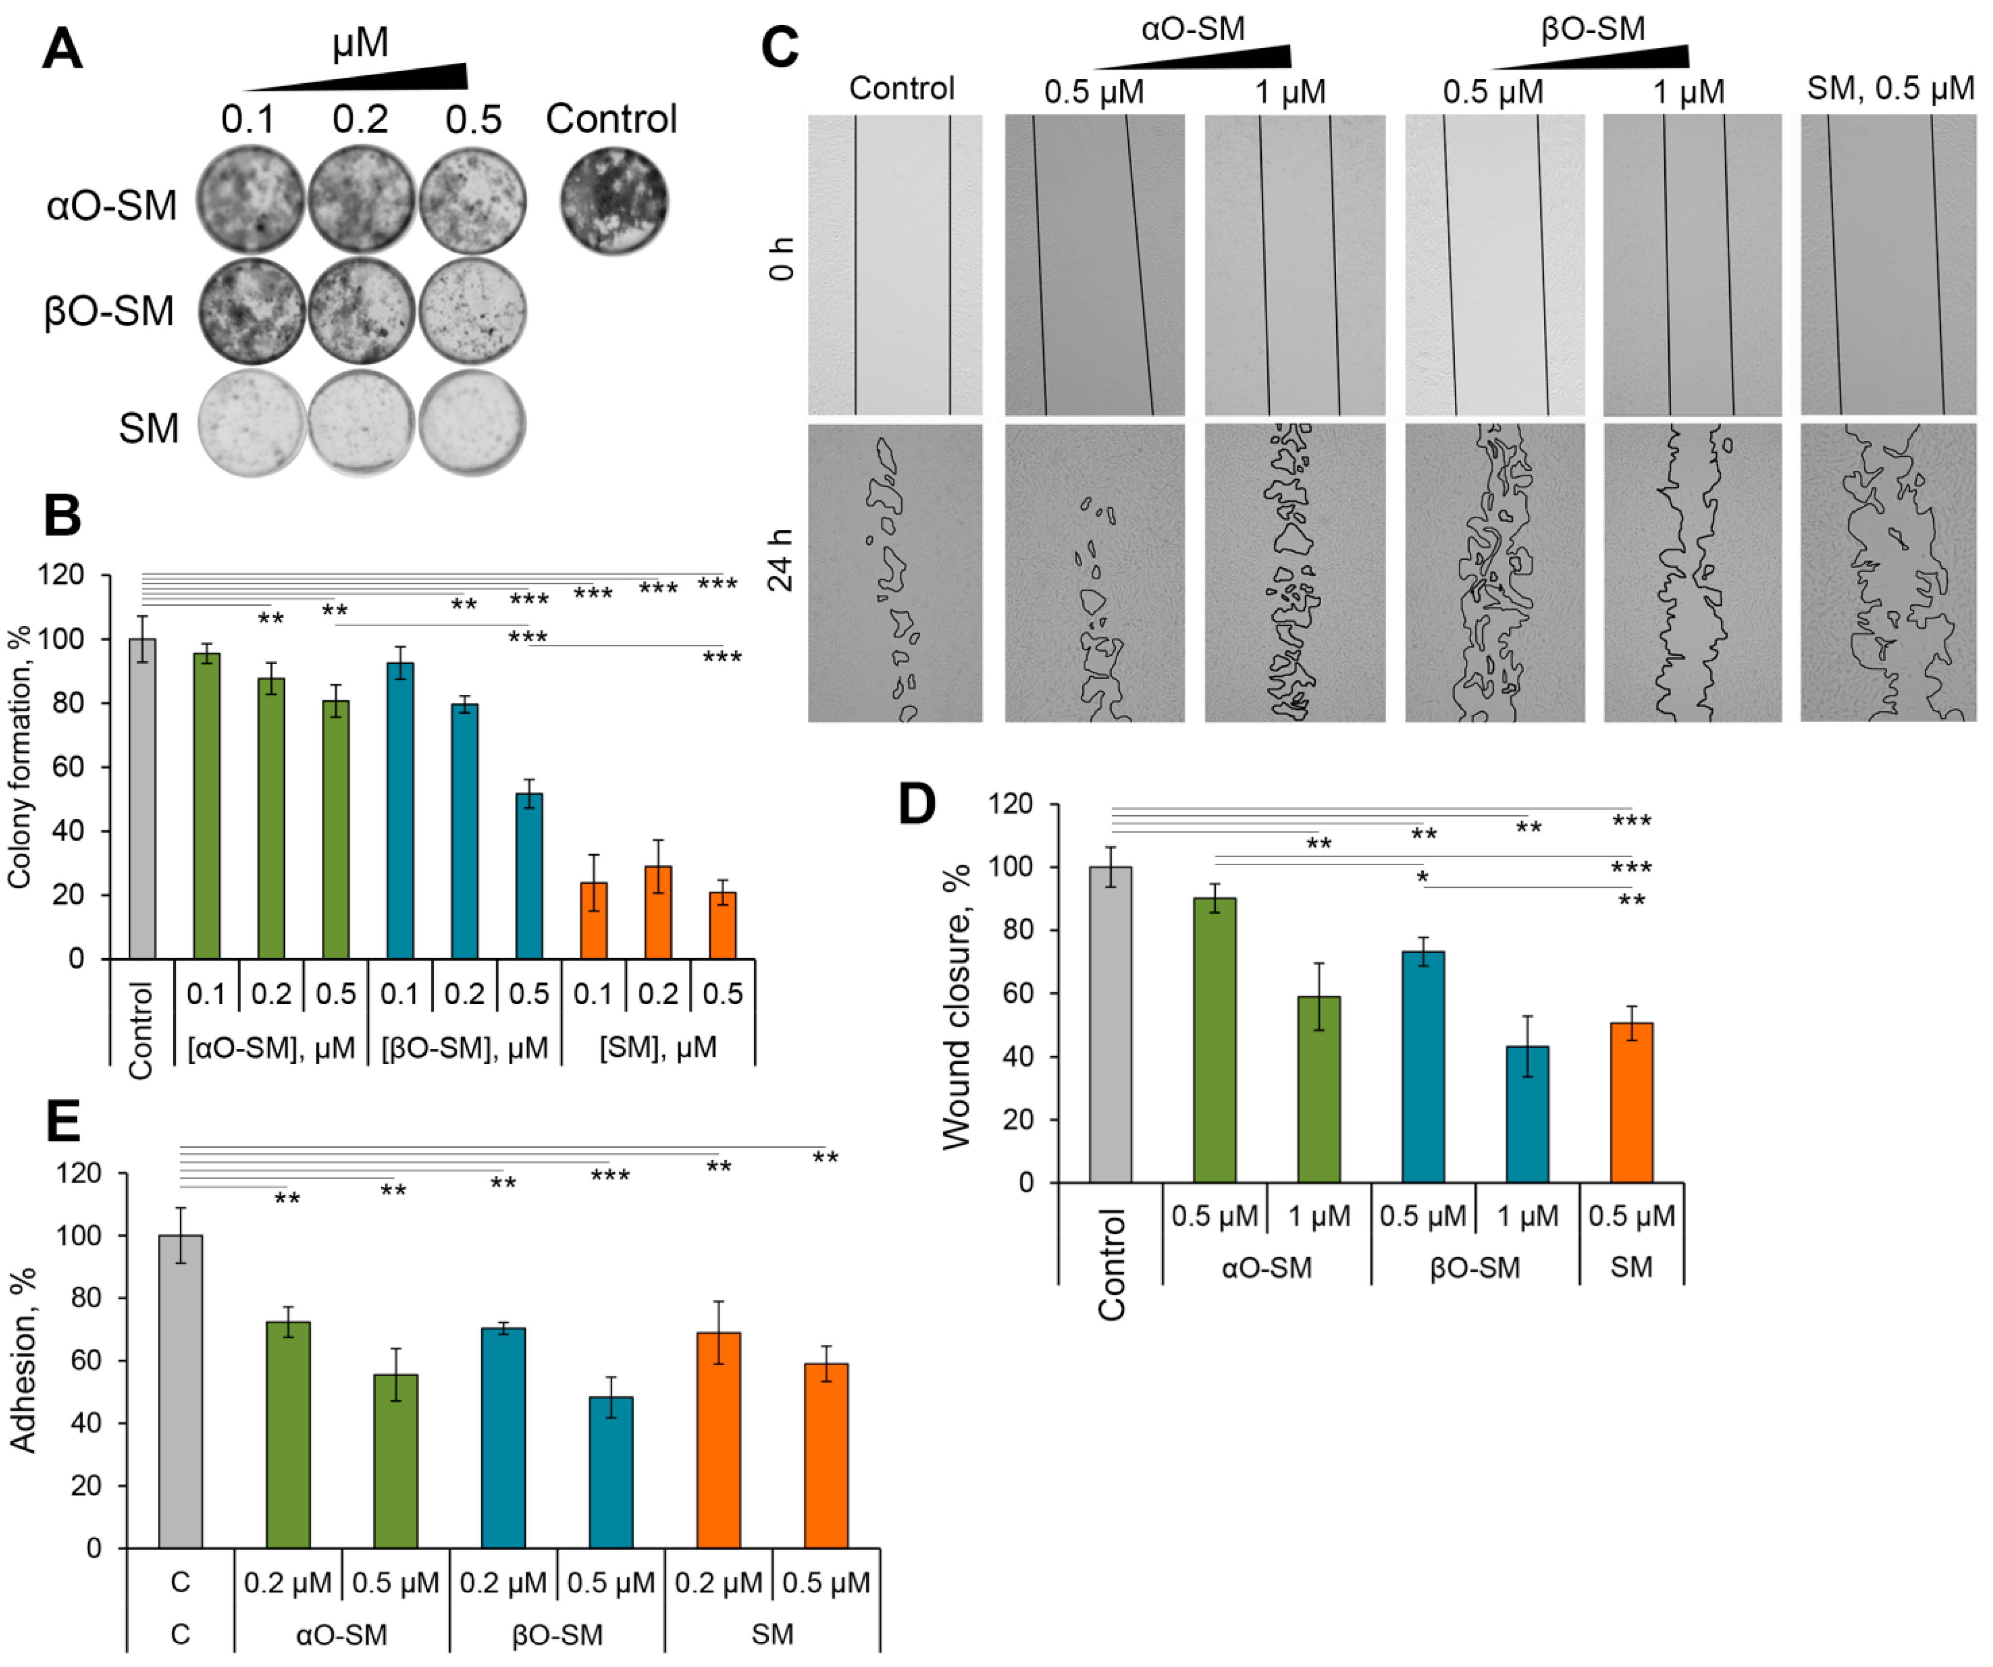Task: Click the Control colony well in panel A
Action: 614,201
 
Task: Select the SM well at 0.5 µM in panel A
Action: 472,423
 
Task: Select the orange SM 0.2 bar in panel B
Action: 658,911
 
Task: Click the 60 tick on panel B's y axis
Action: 68,767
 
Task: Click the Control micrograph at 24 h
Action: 895,573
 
